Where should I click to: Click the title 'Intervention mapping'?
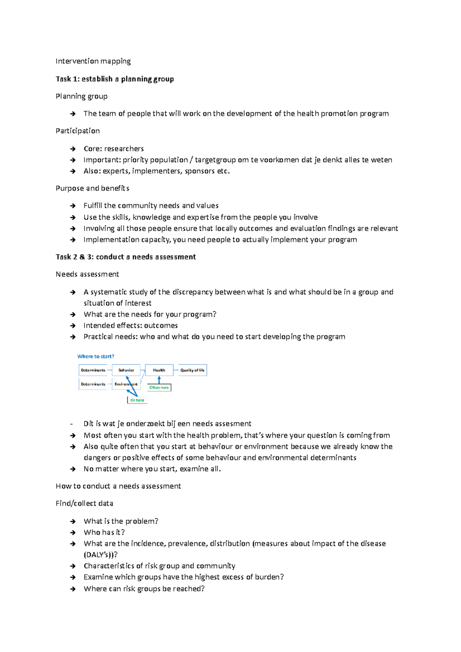click(x=93, y=61)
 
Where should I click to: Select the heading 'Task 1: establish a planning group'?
click(x=114, y=79)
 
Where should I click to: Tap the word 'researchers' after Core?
click(x=124, y=149)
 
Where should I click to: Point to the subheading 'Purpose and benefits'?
click(x=92, y=188)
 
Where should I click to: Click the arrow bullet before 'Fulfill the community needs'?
click(x=73, y=206)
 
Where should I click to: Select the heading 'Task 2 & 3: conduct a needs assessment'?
click(x=126, y=257)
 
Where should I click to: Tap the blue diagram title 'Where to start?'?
click(x=96, y=356)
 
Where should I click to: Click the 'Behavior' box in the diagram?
click(x=126, y=370)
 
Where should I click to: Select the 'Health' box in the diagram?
click(x=159, y=370)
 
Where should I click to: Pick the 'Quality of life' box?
click(x=192, y=370)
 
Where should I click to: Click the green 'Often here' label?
click(x=159, y=387)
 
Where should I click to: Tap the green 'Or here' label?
click(x=137, y=400)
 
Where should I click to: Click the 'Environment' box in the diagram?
click(x=126, y=384)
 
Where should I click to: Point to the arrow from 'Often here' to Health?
click(x=159, y=380)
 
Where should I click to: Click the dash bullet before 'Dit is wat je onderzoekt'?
click(x=71, y=424)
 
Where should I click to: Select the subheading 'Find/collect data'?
click(x=84, y=503)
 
